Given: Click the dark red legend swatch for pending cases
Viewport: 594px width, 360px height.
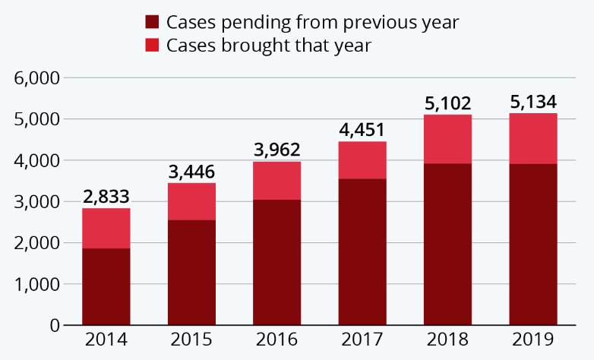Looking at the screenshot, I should pos(151,22).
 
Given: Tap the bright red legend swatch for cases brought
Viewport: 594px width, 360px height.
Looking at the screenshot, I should pos(151,46).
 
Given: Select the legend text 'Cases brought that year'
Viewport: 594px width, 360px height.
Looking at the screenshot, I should pos(268,46).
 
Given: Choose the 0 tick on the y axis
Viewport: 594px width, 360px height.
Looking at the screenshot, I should pos(55,326).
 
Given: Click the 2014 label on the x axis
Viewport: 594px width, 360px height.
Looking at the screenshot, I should pos(106,339).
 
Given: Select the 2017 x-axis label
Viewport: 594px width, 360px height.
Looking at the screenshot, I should pos(362,339).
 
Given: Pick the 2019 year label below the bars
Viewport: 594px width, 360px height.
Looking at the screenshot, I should pos(533,339).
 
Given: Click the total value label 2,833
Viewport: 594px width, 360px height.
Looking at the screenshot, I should pos(106,197).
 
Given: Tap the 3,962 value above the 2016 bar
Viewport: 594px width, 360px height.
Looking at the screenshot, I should pos(276,150).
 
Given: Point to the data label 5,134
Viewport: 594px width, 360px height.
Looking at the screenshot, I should pos(533,102).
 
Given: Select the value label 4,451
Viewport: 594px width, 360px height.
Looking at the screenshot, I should pos(362,130).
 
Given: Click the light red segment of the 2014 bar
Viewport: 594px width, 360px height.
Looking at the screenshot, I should pos(106,228).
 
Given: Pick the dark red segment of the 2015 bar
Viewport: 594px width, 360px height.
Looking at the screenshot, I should pos(191,272).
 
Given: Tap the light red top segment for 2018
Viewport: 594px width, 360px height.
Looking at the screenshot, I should pos(448,139).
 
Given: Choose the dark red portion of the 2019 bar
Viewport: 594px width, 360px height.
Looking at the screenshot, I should pos(533,244).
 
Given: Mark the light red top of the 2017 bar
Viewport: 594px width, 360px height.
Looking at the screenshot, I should pos(362,160).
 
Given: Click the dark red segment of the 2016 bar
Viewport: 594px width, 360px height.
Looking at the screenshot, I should pos(276,262).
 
